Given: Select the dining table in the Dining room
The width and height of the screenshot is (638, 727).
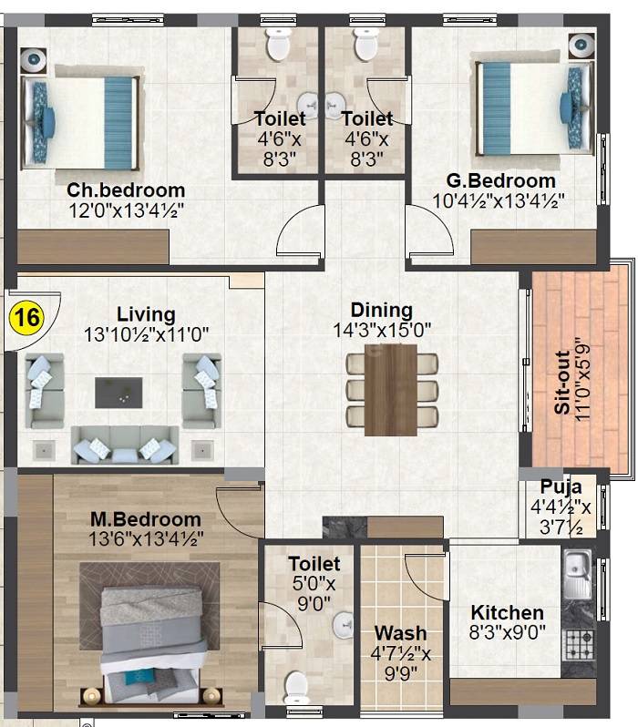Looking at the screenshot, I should [x=392, y=388].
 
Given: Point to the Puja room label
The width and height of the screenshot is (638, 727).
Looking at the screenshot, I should [x=561, y=486].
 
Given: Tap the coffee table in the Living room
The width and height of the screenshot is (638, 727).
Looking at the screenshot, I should [x=118, y=393].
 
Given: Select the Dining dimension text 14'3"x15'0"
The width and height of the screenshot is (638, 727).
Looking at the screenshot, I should [x=382, y=330].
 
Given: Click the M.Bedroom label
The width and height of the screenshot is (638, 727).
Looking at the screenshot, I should [x=145, y=519].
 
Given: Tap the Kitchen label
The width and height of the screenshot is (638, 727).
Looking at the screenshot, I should [x=507, y=612].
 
